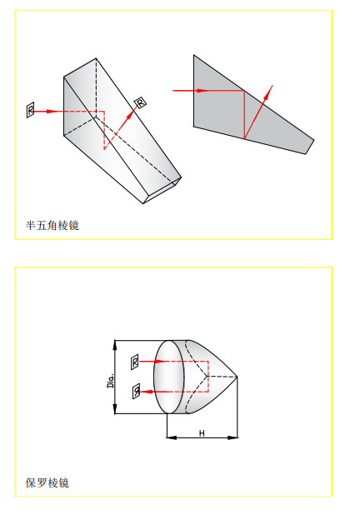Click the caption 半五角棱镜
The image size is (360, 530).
coord(52,226)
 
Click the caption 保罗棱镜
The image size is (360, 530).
coord(47,482)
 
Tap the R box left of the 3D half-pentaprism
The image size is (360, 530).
coord(31,110)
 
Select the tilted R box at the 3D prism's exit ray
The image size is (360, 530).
coord(140,102)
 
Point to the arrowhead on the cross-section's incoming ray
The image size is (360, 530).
coord(202,91)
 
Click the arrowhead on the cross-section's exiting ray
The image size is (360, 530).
coord(268,92)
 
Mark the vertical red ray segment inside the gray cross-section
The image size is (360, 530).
coord(244,115)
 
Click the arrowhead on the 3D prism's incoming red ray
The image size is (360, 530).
coord(52,111)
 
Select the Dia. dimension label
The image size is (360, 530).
coord(111,381)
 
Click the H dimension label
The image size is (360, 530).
coord(202,433)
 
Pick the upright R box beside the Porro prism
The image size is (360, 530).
coord(135,362)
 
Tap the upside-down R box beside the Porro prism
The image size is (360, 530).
coord(136,392)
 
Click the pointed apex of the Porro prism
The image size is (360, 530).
coord(237,377)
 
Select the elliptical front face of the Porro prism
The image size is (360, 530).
coord(169,377)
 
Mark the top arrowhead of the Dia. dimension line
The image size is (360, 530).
coord(115,346)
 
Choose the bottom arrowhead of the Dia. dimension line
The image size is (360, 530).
coord(115,408)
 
